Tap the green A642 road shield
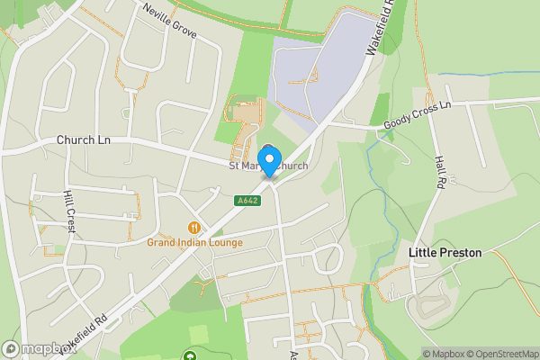249,201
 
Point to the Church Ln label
83,140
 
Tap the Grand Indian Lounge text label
194,242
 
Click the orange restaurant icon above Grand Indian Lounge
193,228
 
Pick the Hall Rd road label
440,171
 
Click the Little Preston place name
445,253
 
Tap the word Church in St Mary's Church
290,166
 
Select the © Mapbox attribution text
443,354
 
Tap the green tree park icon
190,356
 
